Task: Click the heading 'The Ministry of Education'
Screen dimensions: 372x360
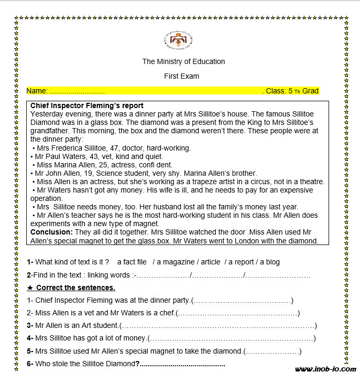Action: pyautogui.click(x=183, y=61)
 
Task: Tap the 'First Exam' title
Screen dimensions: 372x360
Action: pyautogui.click(x=181, y=76)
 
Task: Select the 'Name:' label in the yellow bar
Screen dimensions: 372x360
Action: pyautogui.click(x=37, y=91)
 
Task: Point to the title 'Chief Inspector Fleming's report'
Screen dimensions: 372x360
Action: pyautogui.click(x=87, y=105)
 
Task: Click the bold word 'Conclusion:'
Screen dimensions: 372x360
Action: pyautogui.click(x=51, y=231)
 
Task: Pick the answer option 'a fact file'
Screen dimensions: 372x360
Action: pyautogui.click(x=132, y=262)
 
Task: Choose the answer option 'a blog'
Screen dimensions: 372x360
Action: pyautogui.click(x=272, y=262)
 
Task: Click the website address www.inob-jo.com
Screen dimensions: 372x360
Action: pyautogui.click(x=325, y=368)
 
